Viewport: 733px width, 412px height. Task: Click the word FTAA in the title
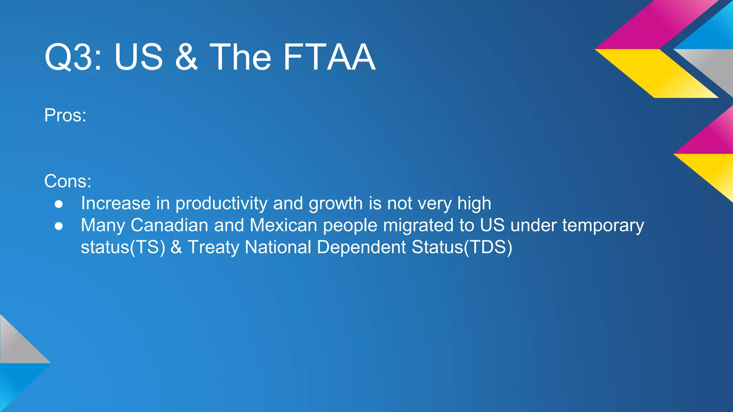point(329,57)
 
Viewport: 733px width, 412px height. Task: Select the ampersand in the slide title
point(186,57)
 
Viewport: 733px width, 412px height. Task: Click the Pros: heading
point(65,116)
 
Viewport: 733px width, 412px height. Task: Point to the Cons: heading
point(68,181)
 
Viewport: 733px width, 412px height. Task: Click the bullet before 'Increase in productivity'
point(59,204)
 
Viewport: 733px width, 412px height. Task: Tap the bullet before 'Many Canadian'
point(59,226)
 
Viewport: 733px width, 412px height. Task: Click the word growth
point(336,203)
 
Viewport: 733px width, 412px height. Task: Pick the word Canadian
point(169,225)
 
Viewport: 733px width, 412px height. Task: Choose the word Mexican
point(283,225)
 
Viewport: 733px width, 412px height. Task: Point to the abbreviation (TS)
point(147,247)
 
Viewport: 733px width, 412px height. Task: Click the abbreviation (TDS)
point(488,247)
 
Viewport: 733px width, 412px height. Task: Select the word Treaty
point(213,247)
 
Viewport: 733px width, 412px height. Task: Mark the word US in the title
point(139,57)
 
